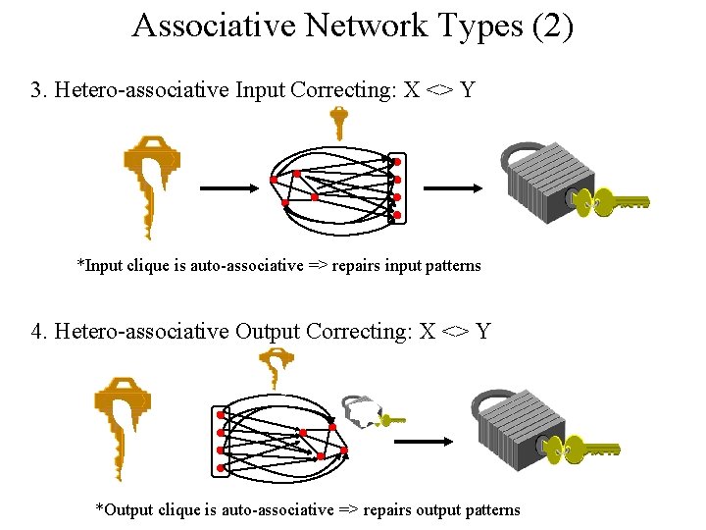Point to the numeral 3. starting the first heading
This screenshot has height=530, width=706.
39,90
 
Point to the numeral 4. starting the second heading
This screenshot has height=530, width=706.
40,331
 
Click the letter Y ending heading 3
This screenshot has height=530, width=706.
467,90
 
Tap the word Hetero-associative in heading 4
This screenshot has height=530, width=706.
141,331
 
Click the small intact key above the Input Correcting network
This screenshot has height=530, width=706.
338,123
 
